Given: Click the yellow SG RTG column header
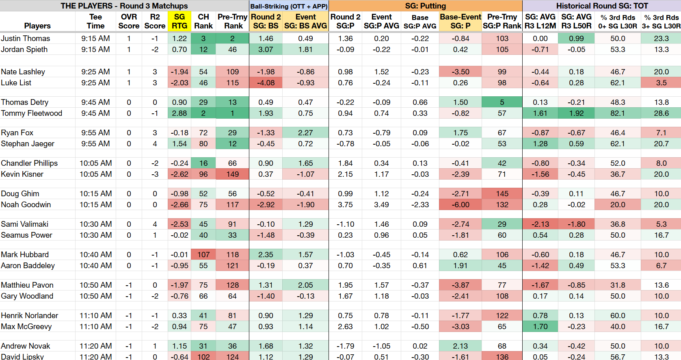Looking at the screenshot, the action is tap(179, 21).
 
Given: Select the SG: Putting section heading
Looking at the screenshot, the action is tap(425, 6).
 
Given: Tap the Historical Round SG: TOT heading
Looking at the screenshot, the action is tap(602, 6).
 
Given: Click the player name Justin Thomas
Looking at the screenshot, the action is tap(26, 38).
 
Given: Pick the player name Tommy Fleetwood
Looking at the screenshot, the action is tap(31, 113).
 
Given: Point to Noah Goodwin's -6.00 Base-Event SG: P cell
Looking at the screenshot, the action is tap(460, 204).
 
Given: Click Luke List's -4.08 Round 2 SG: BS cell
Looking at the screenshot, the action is tap(266, 83).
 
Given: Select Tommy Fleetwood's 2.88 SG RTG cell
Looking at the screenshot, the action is tap(179, 113).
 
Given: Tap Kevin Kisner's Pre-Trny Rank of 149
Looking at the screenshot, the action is tap(232, 174).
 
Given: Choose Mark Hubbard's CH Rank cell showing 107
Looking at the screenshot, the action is tap(203, 254).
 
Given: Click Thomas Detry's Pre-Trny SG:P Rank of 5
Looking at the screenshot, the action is tap(502, 102).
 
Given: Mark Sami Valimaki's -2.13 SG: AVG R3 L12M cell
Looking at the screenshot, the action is tap(540, 224).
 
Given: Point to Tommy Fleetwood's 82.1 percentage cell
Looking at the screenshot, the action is tap(618, 113).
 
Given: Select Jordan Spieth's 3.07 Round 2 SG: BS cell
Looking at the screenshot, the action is tap(266, 49).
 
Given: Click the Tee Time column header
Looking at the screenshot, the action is tap(95, 21).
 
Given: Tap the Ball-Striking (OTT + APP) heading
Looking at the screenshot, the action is tap(289, 6).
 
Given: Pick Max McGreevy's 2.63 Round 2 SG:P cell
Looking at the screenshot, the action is tap(345, 327).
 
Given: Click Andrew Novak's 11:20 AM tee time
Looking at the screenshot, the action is tap(95, 346).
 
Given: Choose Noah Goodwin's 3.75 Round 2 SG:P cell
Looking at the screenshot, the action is tap(345, 204).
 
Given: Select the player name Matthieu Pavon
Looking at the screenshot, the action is tap(27, 285).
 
